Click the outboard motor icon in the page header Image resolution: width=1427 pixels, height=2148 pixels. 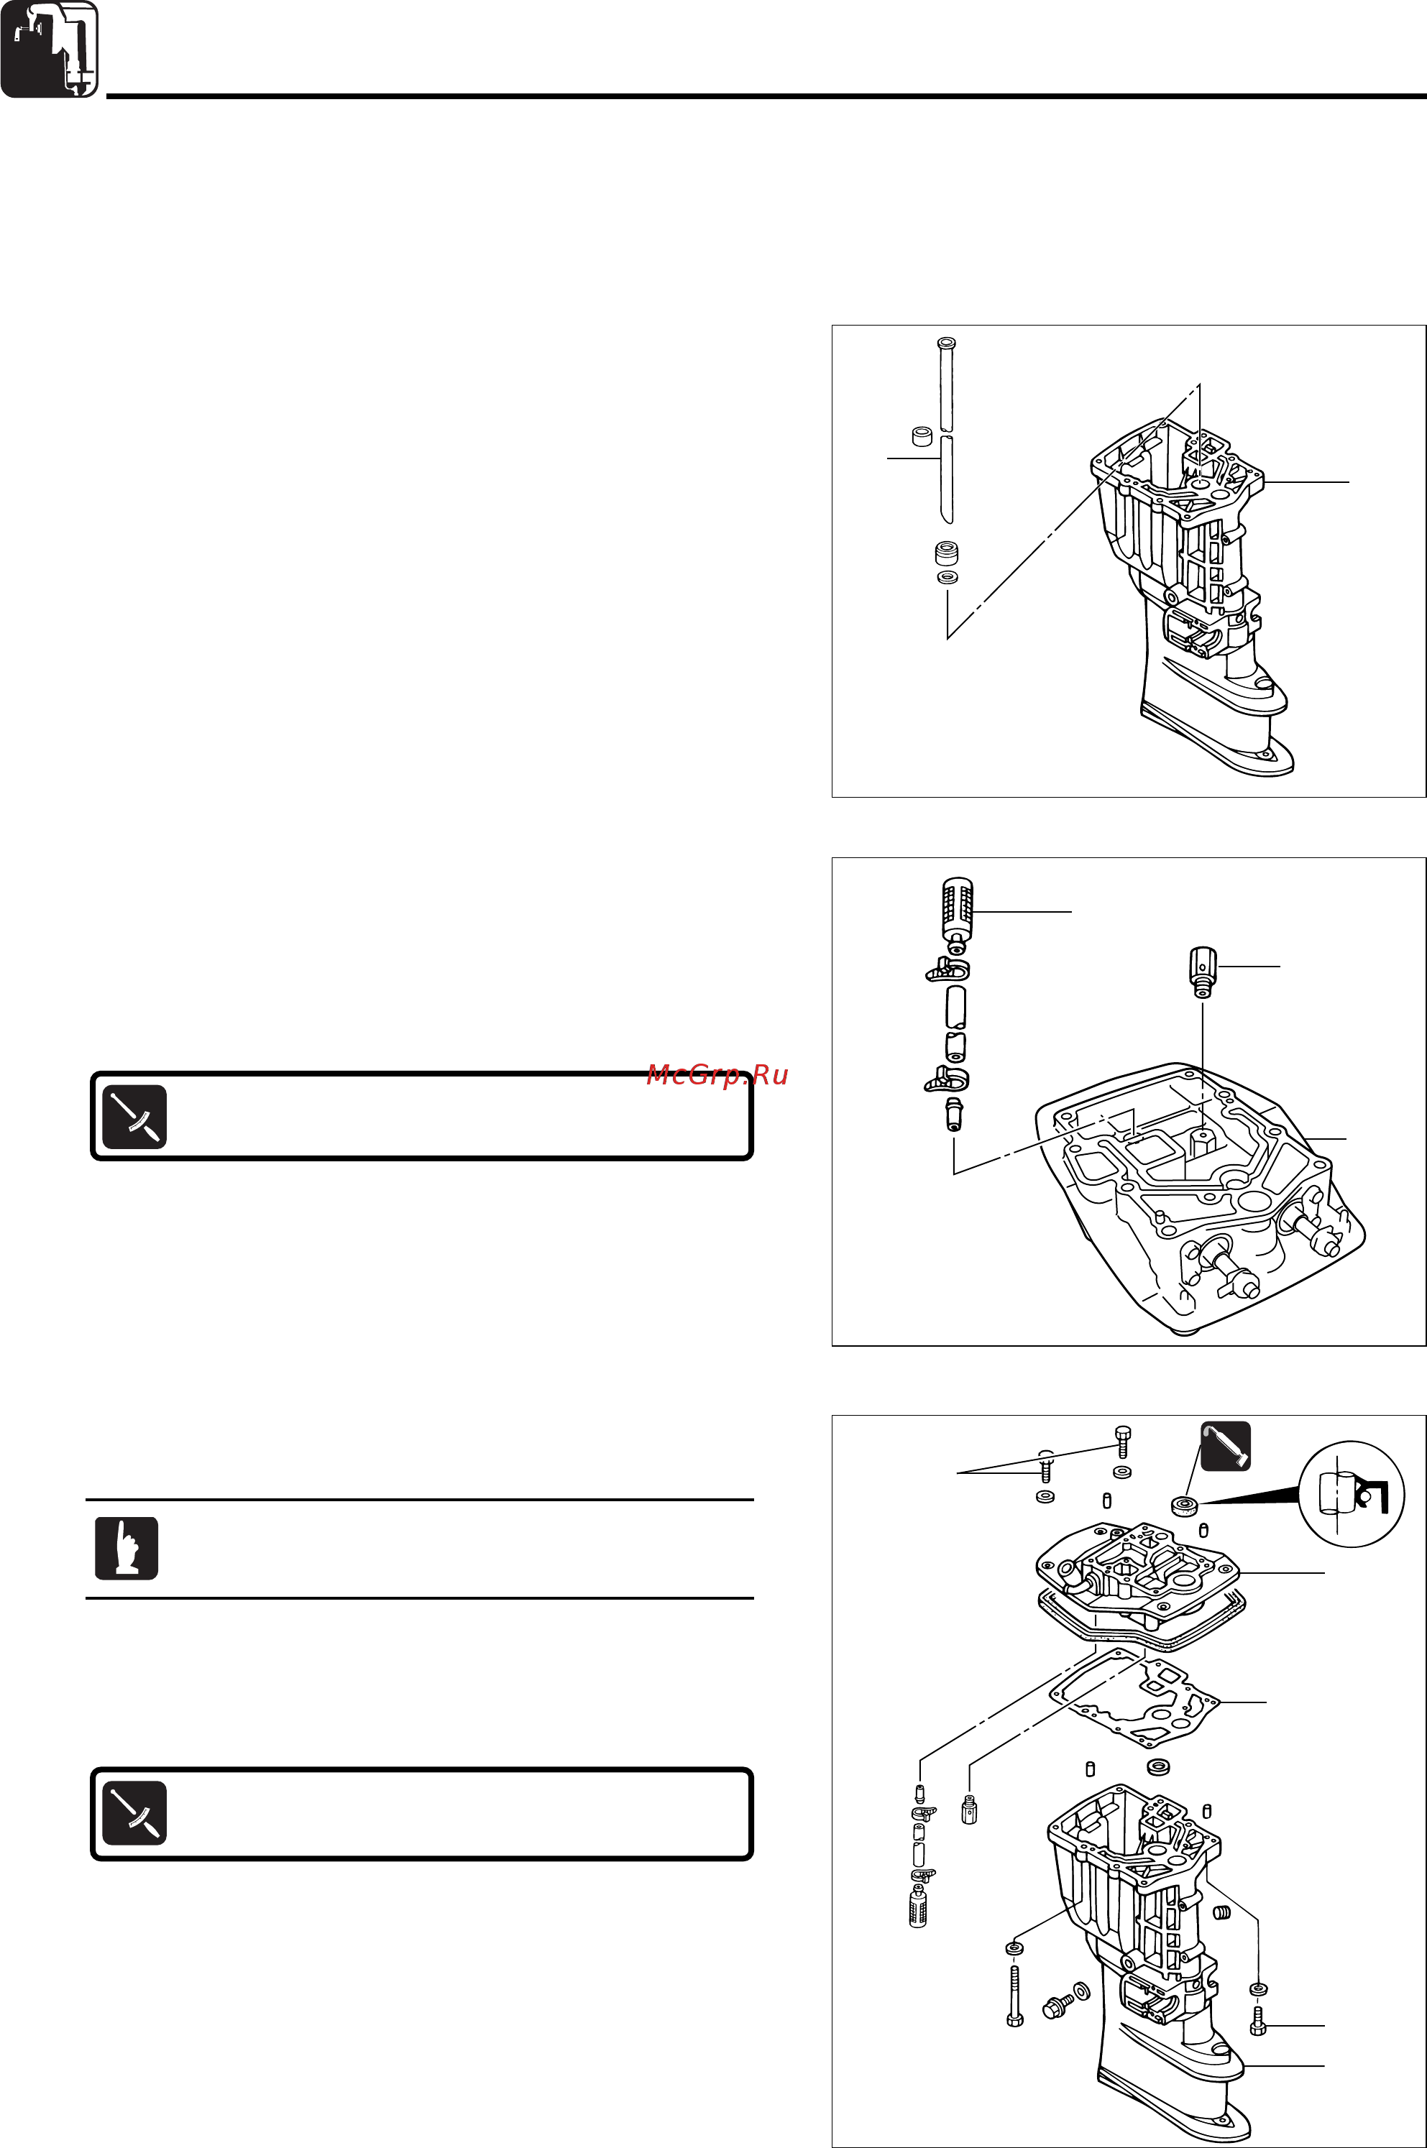[49, 49]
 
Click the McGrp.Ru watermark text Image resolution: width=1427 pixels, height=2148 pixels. [717, 1075]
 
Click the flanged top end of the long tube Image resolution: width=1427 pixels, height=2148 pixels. [945, 345]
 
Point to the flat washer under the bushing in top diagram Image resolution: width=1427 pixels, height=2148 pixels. [947, 578]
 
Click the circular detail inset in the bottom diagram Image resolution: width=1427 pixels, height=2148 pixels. [1351, 1494]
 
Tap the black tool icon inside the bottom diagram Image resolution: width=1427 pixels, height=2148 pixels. [1225, 1447]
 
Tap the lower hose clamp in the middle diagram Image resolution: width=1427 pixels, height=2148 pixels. [947, 1080]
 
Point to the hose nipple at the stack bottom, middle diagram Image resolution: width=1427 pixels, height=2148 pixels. [953, 1115]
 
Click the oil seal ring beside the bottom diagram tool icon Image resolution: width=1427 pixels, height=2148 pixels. [1184, 1505]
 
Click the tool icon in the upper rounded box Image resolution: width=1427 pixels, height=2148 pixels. [134, 1116]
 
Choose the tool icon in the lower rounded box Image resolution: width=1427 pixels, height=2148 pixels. [134, 1812]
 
